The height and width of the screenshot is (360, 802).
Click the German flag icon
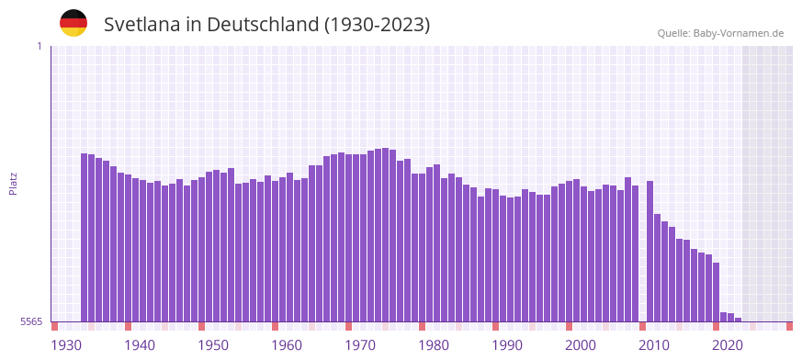click(73, 23)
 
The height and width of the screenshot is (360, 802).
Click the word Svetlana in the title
click(142, 25)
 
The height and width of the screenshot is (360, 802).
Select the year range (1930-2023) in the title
click(377, 25)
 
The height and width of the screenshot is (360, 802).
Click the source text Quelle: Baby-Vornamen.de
click(720, 33)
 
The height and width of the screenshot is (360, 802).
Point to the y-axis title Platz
click(13, 183)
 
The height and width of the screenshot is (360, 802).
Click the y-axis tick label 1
click(39, 46)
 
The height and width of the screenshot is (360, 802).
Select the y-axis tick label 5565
click(29, 321)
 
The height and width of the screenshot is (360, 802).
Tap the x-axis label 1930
click(66, 345)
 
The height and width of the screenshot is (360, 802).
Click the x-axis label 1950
click(213, 345)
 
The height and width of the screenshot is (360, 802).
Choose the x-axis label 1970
click(360, 345)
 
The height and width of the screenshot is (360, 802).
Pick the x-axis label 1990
click(507, 345)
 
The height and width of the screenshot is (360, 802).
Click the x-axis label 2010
click(654, 345)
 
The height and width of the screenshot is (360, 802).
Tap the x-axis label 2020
click(728, 345)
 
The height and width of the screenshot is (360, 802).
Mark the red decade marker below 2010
click(643, 326)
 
